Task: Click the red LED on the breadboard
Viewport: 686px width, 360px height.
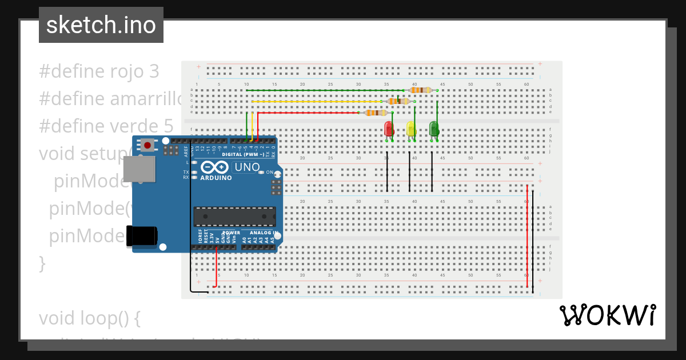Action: click(x=389, y=129)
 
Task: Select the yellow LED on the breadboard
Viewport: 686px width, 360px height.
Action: click(x=411, y=129)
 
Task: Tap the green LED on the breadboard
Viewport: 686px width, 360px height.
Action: click(x=434, y=129)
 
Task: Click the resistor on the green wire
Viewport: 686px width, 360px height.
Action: click(x=421, y=90)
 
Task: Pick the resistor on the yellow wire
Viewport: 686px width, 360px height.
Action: click(x=398, y=101)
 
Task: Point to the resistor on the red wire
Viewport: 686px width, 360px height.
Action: click(x=376, y=113)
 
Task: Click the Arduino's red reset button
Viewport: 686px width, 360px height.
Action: click(x=147, y=145)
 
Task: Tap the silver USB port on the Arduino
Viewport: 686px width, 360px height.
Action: click(x=138, y=169)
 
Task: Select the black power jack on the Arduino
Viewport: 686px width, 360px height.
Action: click(x=141, y=235)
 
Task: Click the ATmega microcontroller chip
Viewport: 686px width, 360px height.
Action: click(x=234, y=217)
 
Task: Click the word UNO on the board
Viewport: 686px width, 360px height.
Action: click(x=247, y=167)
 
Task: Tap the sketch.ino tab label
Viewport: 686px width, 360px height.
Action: click(x=101, y=25)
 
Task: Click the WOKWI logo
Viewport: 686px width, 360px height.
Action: click(x=607, y=315)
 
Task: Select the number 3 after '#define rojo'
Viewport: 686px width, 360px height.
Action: click(x=153, y=71)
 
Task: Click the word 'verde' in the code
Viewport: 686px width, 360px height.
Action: click(x=133, y=126)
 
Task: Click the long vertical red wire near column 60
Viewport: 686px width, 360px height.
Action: click(x=527, y=234)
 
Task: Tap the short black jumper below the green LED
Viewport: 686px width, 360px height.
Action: click(x=432, y=171)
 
